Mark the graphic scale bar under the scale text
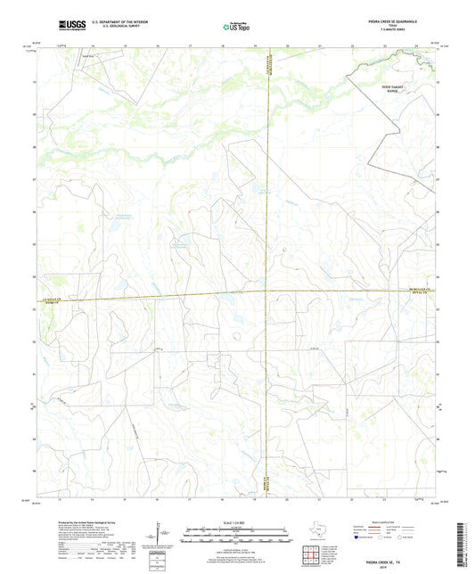[x=236, y=537]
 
